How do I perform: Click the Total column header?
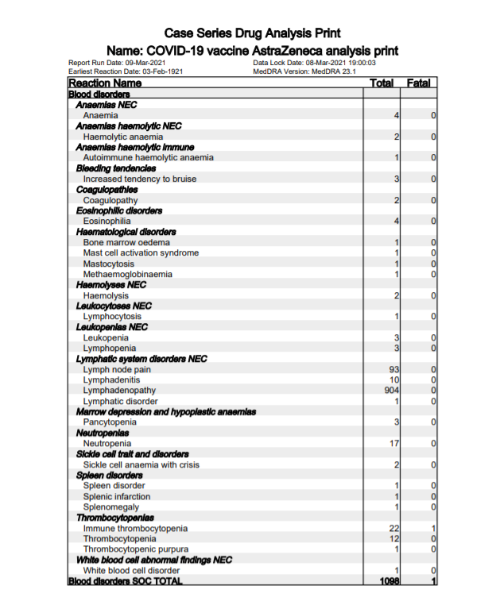[382, 83]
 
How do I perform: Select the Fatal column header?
[418, 83]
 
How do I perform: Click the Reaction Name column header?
[105, 83]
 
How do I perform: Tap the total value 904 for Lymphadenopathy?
[391, 391]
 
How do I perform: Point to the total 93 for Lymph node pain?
[393, 369]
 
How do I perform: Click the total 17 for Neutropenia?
[393, 444]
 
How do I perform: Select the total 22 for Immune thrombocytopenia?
[393, 529]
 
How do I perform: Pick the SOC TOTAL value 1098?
[389, 582]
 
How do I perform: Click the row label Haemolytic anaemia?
[123, 137]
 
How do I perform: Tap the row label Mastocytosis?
[109, 264]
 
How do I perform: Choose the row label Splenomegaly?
[111, 507]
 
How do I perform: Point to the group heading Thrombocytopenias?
[114, 518]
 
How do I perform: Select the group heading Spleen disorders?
[108, 475]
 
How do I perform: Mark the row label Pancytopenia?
[110, 422]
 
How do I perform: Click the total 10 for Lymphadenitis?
[393, 380]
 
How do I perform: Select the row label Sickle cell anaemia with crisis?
[141, 465]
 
